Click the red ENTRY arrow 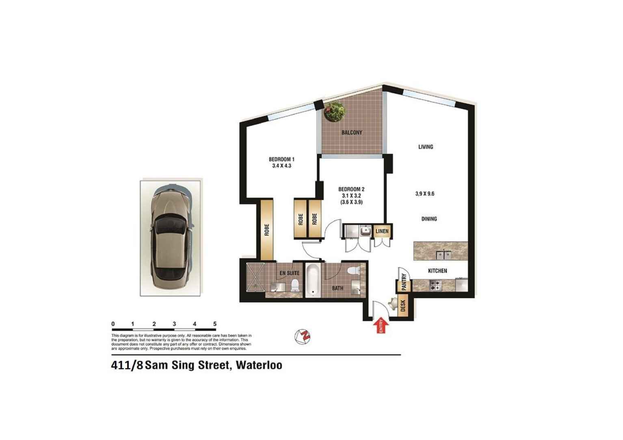point(381,326)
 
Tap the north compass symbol point(303,336)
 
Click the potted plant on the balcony point(334,112)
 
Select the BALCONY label point(352,133)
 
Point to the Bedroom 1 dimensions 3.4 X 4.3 point(281,166)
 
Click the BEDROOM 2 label point(351,189)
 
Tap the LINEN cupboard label point(382,231)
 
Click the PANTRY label point(404,282)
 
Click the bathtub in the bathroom point(313,280)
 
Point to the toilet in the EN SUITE point(295,285)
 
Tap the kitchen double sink point(443,255)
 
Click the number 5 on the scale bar point(215,324)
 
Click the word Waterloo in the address point(259,365)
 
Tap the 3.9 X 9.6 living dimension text point(425,194)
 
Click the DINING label point(429,219)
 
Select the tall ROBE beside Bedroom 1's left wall point(267,230)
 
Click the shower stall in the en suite point(256,277)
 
